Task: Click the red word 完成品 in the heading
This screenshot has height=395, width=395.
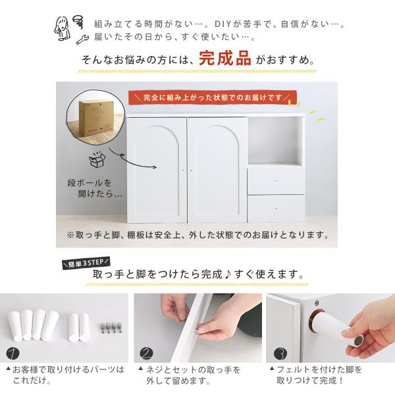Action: coord(225,58)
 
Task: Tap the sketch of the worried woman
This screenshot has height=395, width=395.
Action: coord(62,28)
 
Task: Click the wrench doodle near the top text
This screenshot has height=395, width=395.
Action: coord(82,39)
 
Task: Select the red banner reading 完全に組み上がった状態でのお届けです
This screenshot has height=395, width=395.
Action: coord(212,97)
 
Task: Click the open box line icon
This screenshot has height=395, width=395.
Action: coord(97,160)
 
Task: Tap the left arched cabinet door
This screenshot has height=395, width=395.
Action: coord(157,170)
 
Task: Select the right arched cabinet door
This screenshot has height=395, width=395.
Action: coord(217,170)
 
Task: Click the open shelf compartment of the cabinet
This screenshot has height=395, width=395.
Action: coord(276,141)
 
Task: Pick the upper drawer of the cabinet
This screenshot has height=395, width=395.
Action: coord(276,180)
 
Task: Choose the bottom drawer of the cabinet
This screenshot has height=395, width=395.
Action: coord(276,208)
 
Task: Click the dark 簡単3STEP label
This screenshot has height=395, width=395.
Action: coord(86,263)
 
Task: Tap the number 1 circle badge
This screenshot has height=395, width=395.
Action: coord(13,354)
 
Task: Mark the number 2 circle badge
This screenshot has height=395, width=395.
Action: coord(146,354)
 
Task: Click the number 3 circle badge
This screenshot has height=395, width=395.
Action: coord(280,354)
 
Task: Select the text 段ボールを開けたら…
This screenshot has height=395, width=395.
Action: coord(95,188)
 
